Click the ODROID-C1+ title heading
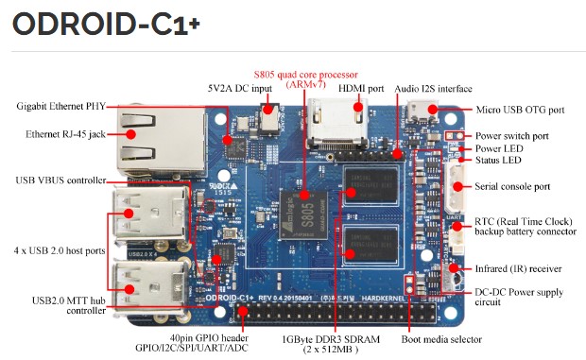106,24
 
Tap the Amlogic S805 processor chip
303,215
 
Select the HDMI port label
361,89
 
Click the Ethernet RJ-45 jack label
65,134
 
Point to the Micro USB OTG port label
520,110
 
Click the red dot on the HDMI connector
358,107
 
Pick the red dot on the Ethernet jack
130,134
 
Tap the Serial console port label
512,186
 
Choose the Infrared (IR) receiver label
518,269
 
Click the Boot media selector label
441,339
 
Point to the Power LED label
499,148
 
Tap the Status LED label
498,161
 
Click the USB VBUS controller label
60,180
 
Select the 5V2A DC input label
240,89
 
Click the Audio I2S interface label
433,89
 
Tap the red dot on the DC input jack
267,109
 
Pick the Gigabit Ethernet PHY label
60,107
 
